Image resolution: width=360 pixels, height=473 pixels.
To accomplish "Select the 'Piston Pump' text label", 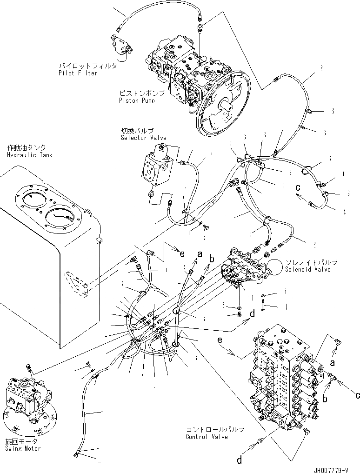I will tap(135, 100).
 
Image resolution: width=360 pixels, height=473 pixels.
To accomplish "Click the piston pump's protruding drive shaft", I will tap(228, 105).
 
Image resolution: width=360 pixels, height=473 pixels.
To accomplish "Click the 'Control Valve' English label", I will tap(207, 437).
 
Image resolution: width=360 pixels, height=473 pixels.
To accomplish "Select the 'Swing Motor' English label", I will tap(23, 448).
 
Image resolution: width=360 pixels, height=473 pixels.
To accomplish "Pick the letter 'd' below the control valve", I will tap(240, 460).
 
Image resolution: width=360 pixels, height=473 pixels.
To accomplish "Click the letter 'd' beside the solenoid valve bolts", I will tap(253, 314).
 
